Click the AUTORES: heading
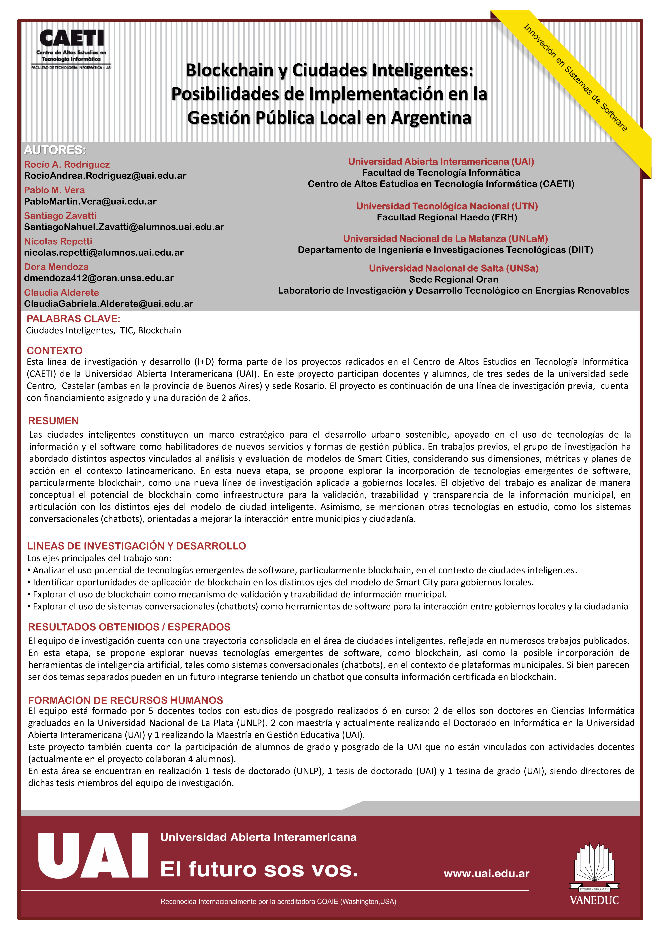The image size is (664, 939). coord(55,150)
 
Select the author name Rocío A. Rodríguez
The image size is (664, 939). coord(67,164)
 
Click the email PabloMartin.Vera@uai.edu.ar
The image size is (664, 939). coord(90,201)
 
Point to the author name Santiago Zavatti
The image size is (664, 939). coord(60,216)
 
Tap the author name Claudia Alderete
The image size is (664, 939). coord(61,292)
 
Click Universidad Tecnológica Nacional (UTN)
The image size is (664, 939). coord(447,206)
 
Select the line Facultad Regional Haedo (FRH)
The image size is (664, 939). coord(447,217)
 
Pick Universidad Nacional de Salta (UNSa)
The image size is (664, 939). coord(453,268)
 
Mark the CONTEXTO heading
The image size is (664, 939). coord(54,350)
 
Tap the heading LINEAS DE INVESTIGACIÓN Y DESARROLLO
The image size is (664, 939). coord(136,546)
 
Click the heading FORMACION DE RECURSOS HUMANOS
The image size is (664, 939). coord(126,700)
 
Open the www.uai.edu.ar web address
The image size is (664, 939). coord(486,874)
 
